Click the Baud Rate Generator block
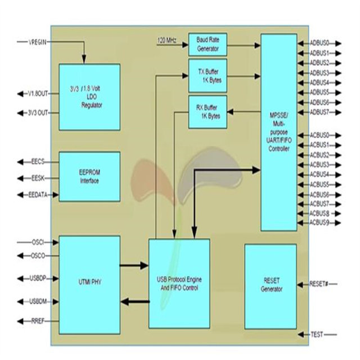pos(208,44)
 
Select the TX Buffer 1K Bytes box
pos(208,75)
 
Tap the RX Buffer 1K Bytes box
pos(208,111)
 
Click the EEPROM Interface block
pos(89,176)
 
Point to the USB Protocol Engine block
pos(179,283)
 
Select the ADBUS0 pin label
pos(319,43)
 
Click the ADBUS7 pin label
pos(319,112)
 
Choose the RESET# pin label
pos(318,284)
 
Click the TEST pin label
pos(317,335)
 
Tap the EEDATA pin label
pos(39,195)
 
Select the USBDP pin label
pos(38,278)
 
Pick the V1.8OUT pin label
pos(39,94)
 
